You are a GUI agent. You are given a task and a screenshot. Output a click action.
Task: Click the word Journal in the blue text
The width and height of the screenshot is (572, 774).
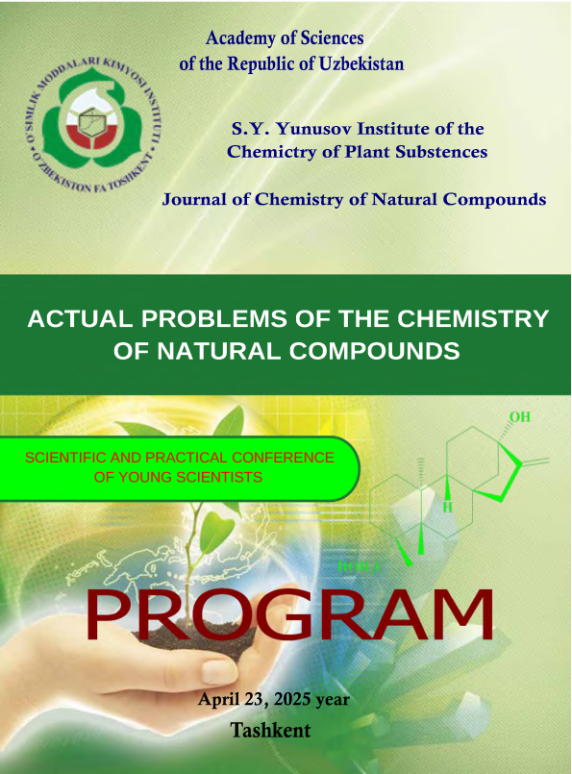(x=193, y=199)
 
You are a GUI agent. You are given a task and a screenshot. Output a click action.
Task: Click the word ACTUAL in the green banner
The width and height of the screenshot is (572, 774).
(x=80, y=318)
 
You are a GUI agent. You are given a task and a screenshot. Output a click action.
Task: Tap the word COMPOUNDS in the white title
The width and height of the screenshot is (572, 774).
(x=374, y=351)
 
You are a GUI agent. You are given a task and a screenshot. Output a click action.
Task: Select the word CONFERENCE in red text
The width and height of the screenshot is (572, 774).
(x=283, y=458)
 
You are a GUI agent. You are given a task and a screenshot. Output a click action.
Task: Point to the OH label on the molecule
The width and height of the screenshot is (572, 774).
(x=520, y=417)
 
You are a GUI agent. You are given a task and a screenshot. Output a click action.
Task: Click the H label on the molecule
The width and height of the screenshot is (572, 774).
(x=447, y=507)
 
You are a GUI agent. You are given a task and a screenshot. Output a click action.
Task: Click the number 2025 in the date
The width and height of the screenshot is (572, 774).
(x=292, y=699)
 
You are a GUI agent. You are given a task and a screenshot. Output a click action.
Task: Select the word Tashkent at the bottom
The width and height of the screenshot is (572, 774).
(x=270, y=730)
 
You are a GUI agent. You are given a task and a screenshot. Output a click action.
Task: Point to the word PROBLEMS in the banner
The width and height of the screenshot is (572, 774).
(x=214, y=318)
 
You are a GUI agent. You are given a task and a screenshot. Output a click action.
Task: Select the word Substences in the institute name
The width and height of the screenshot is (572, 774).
(x=441, y=152)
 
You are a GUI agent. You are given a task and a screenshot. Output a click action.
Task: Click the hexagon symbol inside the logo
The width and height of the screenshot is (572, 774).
(x=91, y=123)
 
